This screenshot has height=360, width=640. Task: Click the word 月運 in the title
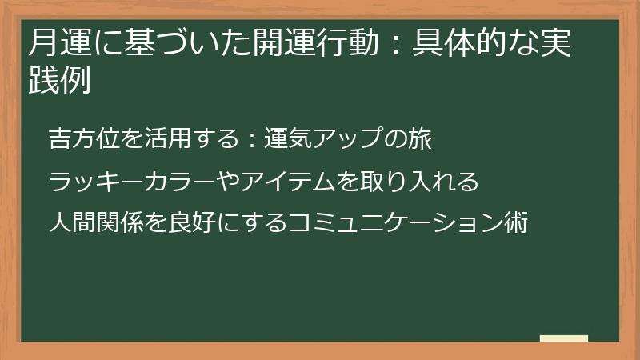tap(56, 42)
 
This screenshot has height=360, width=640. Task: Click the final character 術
tap(515, 223)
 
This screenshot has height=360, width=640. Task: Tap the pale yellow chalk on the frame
tap(564, 338)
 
